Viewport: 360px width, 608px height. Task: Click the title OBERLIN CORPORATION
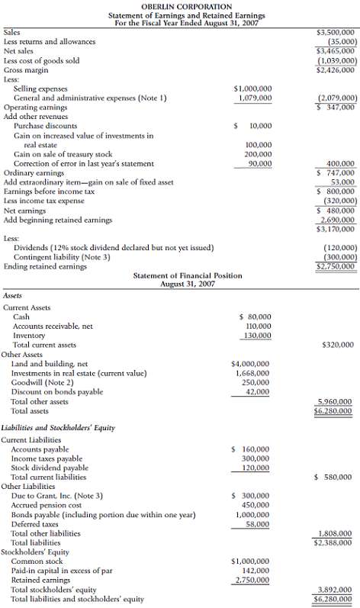[180, 6]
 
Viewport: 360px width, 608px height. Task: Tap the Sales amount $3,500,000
[336, 33]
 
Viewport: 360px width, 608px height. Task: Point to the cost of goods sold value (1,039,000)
[336, 60]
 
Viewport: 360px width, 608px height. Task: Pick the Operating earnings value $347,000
[336, 108]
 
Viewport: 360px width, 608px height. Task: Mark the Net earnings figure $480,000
[336, 211]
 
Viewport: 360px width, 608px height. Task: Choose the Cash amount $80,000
[256, 317]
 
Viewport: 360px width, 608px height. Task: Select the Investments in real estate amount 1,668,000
[252, 373]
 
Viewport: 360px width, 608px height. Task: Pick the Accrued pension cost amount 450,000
[256, 505]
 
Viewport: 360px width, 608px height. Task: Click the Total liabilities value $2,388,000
[334, 542]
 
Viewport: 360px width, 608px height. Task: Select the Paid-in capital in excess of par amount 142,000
[256, 571]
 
